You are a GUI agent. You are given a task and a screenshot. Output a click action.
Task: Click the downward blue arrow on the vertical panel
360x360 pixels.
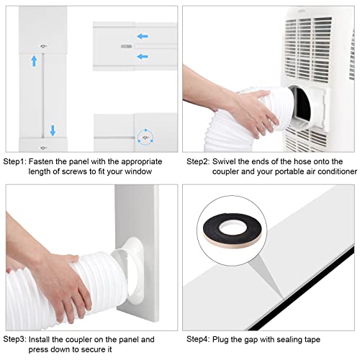click(53, 130)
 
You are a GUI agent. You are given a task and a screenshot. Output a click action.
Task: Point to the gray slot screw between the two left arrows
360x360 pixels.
click(128, 45)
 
